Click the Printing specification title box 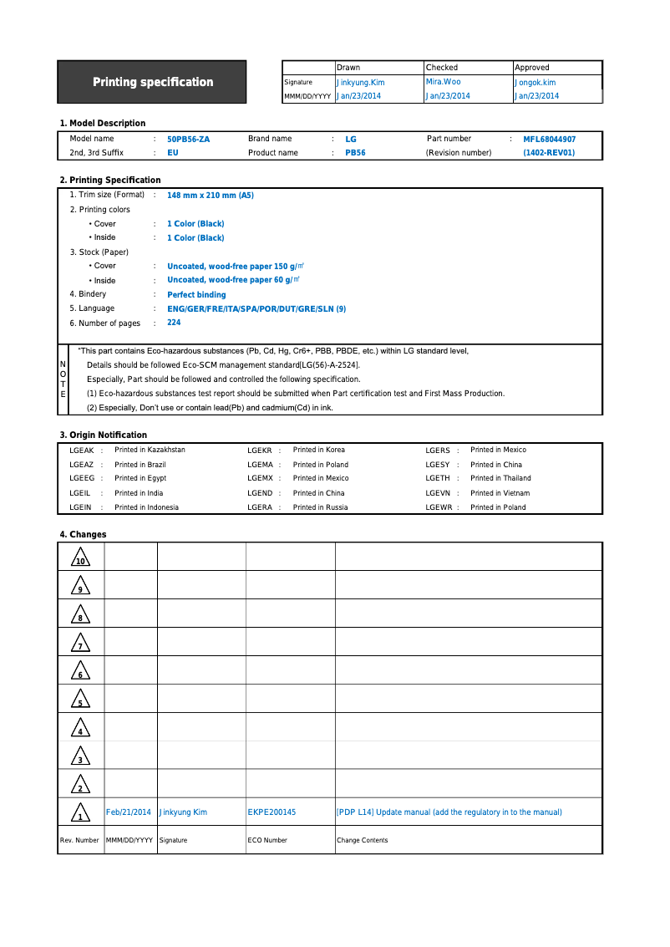(152, 82)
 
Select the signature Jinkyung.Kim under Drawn (360, 83)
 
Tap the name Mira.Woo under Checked (443, 82)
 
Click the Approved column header (532, 68)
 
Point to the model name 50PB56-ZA (188, 140)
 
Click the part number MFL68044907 (549, 140)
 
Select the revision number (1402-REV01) (549, 153)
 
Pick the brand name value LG (351, 140)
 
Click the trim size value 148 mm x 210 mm (210, 196)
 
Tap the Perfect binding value (196, 295)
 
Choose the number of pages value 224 (174, 323)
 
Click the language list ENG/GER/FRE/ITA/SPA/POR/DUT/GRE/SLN (256, 309)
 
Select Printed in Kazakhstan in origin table (150, 451)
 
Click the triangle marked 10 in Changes (79, 558)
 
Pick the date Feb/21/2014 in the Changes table (129, 812)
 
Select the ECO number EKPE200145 (272, 812)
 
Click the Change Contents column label (362, 840)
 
